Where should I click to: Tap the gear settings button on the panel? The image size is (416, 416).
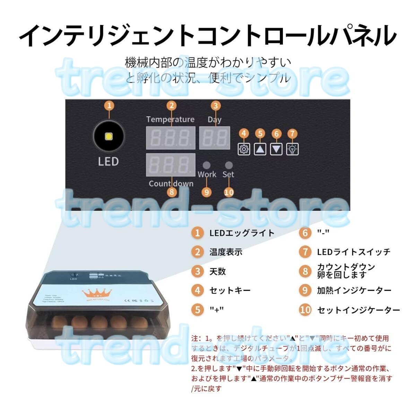244,149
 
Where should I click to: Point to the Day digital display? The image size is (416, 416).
215,138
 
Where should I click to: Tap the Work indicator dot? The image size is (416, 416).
207,165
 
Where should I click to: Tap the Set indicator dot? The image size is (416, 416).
228,165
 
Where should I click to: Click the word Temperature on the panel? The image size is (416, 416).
170,120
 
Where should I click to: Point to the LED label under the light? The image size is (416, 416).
108,162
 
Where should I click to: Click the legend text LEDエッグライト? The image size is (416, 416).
242,233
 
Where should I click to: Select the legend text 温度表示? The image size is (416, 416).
226,252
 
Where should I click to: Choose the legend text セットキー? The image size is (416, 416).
230,290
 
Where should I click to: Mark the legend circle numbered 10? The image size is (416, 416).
305,310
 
